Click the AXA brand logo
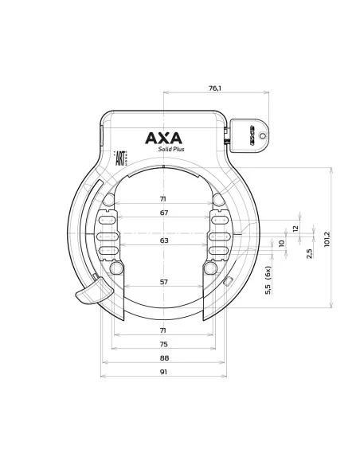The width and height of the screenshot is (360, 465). coord(163,137)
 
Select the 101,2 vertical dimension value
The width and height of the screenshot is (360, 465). coord(327,237)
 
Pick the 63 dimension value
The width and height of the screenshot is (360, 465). coord(163,240)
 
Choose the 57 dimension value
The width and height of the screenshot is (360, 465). coord(163,282)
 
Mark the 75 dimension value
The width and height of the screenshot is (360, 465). coord(163,345)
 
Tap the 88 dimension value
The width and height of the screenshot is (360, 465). coord(163,358)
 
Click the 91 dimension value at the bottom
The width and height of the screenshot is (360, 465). coord(163,372)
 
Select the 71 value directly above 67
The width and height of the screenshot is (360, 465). coord(163,199)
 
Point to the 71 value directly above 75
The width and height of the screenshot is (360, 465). coord(163,330)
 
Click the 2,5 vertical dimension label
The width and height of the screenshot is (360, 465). coord(308,253)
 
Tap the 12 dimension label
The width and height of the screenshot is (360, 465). coord(295,228)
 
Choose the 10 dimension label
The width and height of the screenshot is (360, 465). coord(281,244)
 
